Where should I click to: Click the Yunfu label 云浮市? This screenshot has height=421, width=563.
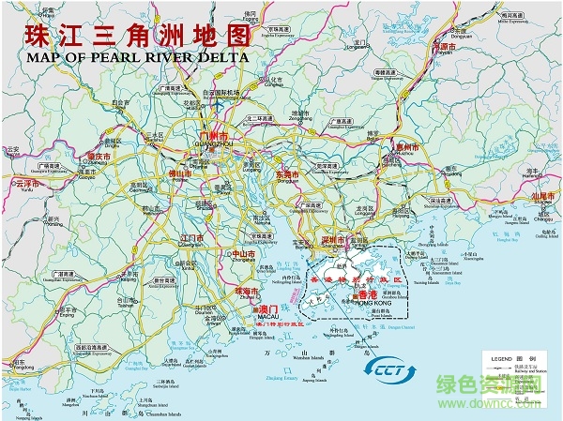(27, 184)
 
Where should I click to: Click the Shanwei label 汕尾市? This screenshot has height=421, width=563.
(545, 197)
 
